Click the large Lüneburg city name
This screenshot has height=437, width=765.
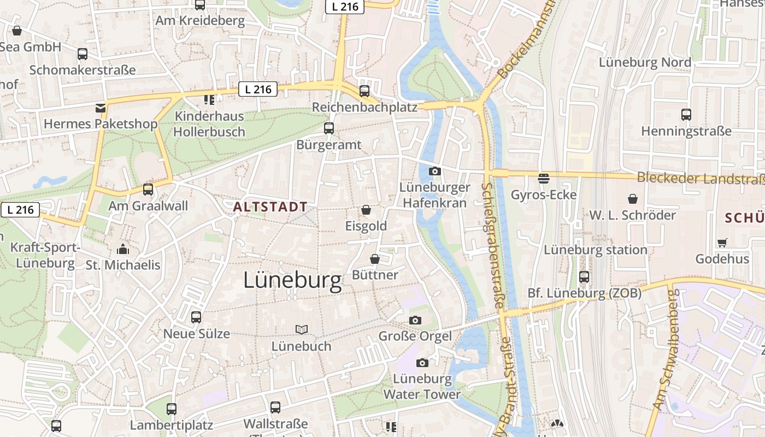click(292, 280)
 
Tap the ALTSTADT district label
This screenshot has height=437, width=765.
click(270, 206)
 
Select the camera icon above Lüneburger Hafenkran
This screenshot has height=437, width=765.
click(435, 171)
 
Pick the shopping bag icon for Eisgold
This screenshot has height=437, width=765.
click(366, 210)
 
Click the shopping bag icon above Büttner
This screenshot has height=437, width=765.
click(375, 258)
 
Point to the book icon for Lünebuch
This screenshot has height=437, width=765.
click(302, 329)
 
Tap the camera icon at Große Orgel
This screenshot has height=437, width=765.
click(415, 320)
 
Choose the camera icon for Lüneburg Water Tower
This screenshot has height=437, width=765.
click(422, 363)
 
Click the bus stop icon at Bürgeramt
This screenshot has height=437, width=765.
click(329, 128)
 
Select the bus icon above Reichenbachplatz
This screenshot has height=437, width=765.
click(364, 91)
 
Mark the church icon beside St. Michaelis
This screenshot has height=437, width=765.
click(123, 249)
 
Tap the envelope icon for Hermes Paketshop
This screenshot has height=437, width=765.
click(101, 108)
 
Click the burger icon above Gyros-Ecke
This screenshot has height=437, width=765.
click(543, 178)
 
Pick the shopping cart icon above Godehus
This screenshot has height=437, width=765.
click(722, 243)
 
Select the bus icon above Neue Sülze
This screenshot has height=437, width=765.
click(196, 317)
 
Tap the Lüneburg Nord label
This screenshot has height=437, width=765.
click(645, 62)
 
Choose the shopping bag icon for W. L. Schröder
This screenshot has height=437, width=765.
click(632, 198)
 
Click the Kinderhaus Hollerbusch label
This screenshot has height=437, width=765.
click(209, 124)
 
